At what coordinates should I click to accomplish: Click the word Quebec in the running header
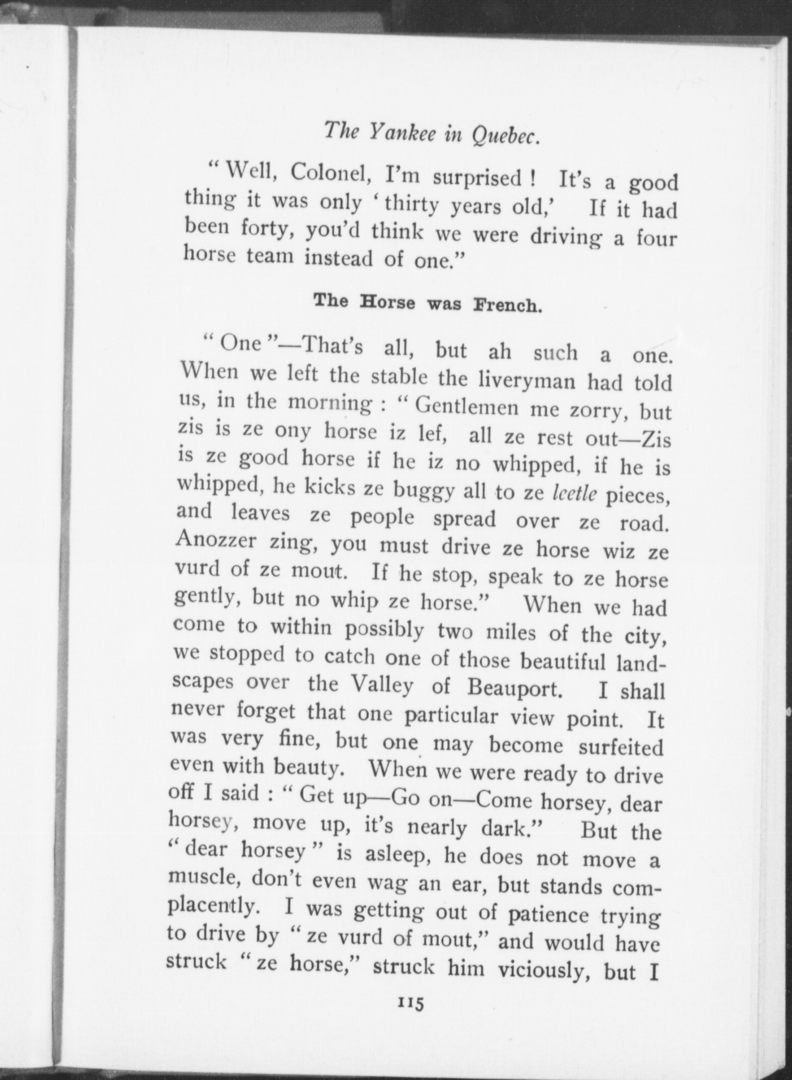click(x=505, y=136)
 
